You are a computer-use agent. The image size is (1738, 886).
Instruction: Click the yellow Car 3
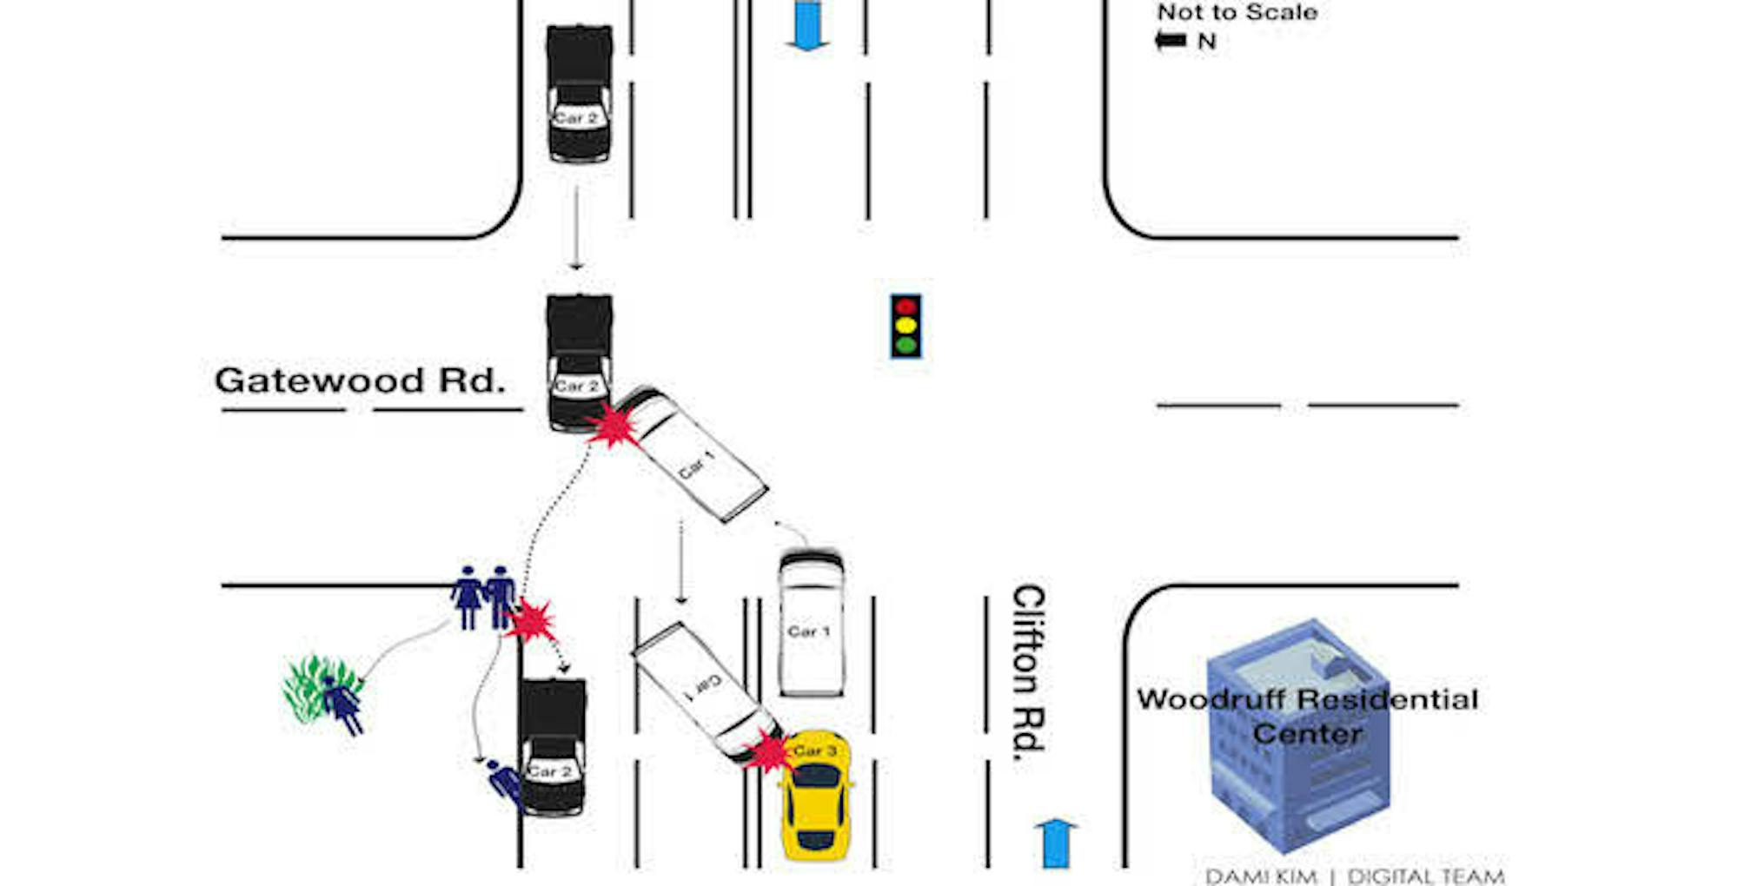coord(815,799)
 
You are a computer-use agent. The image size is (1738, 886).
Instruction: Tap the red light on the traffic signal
coord(905,307)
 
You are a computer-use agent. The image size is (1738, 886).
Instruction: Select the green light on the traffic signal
coord(905,345)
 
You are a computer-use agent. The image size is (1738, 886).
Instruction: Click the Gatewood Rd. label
coord(360,380)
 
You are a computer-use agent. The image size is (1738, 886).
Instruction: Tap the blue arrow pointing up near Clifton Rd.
coord(1056,842)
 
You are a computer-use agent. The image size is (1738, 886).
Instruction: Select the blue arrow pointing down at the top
coord(807,25)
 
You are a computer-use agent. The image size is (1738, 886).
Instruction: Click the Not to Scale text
coord(1237,12)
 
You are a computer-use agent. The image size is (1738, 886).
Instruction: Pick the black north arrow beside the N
coord(1171,40)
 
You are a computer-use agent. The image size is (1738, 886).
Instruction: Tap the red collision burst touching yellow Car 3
coord(767,750)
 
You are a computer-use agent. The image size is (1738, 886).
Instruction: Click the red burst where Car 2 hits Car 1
coord(614,426)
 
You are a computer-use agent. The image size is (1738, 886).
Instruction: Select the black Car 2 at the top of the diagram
coord(579,93)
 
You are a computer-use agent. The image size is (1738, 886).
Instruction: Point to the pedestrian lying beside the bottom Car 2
coord(504,782)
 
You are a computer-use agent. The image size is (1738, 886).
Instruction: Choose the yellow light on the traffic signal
coord(905,326)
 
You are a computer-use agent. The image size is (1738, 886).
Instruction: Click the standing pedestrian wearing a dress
coord(468,598)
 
